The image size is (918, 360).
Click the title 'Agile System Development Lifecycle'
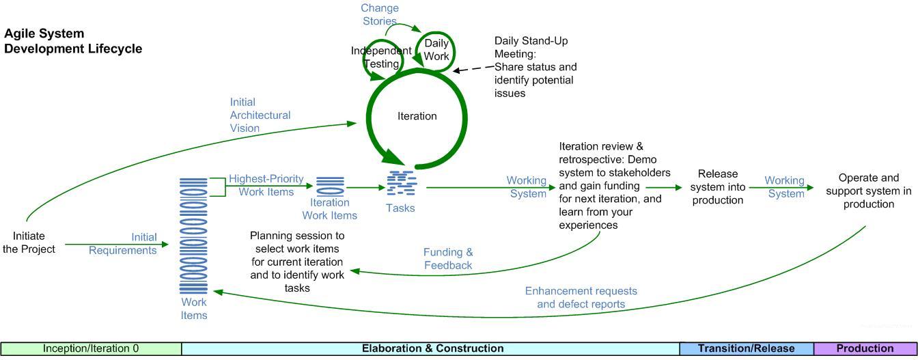73,41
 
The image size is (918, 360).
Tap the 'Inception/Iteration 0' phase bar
91,348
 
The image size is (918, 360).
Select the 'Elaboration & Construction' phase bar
432,348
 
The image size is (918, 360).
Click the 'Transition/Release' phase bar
747,348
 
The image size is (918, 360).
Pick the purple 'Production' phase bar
865,348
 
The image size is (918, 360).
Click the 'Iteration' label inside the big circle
417,116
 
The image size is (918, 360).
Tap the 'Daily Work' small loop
436,50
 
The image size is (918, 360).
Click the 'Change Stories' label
380,14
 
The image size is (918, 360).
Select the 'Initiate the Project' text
29,243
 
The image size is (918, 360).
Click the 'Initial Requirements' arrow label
123,243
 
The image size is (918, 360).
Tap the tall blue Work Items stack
194,236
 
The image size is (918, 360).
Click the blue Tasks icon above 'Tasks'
402,185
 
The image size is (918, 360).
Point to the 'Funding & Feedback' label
447,259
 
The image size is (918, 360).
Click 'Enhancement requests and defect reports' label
581,297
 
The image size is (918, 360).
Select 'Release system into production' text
717,186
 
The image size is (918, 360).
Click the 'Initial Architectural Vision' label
260,115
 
